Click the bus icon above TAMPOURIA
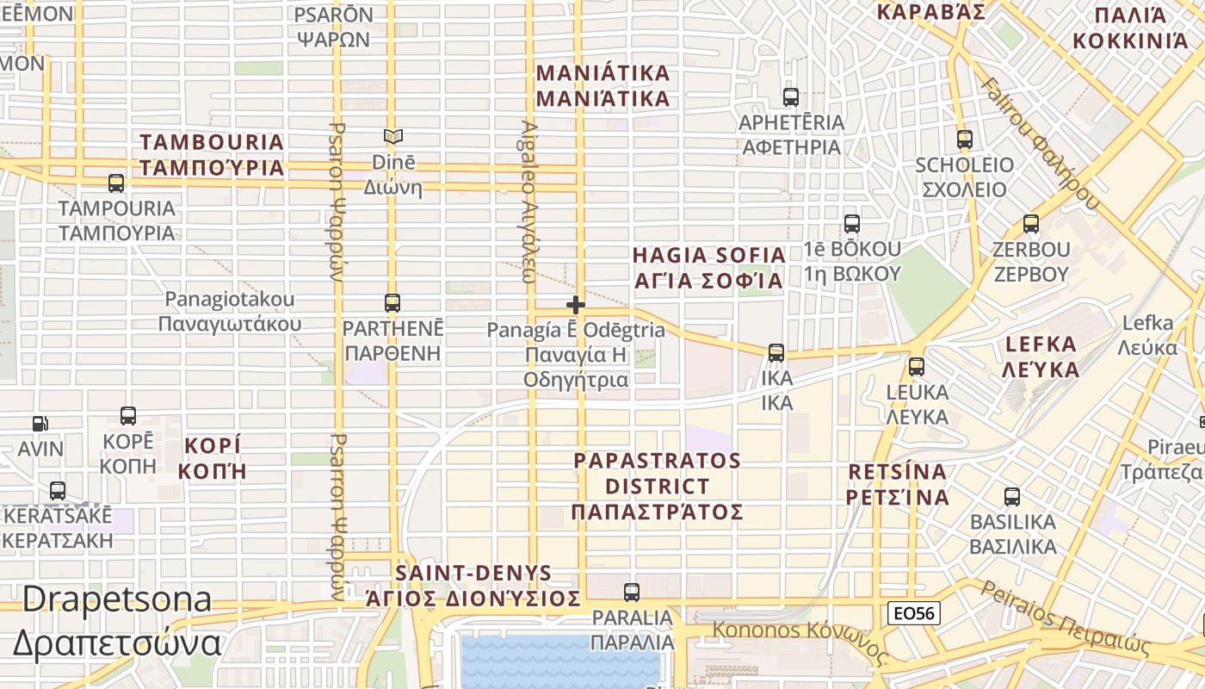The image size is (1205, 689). click(116, 183)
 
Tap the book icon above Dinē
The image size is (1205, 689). click(393, 137)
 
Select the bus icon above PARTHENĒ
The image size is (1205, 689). click(392, 303)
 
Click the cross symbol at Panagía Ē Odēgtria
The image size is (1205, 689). click(576, 305)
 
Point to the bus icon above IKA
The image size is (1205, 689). click(776, 353)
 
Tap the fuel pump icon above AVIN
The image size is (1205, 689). click(40, 424)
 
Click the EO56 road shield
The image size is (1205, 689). click(914, 613)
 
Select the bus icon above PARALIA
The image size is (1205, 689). click(632, 593)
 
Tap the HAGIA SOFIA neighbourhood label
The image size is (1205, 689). click(708, 268)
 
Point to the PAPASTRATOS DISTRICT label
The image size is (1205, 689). click(657, 486)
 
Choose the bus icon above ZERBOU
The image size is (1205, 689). click(1031, 225)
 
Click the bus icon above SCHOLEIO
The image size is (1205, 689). click(965, 140)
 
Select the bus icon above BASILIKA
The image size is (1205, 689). click(1012, 497)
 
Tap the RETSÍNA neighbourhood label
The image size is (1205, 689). click(897, 484)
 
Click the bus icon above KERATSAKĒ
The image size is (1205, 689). click(58, 491)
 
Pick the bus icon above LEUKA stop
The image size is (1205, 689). click(917, 367)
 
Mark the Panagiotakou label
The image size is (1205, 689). click(230, 311)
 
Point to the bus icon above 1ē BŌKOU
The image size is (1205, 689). click(852, 224)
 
